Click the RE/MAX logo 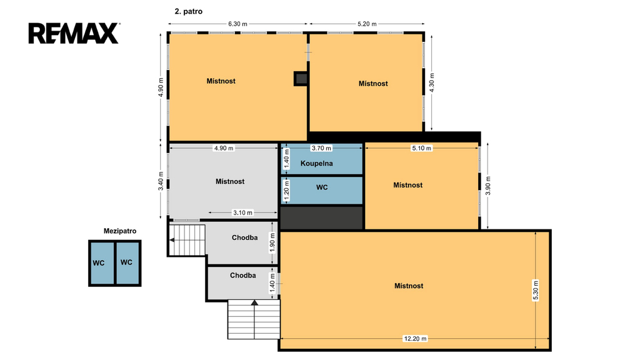[74, 33]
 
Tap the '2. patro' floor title [189, 11]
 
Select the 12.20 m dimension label [415, 338]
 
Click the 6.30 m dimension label [237, 24]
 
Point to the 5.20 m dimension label [367, 24]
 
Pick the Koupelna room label [316, 163]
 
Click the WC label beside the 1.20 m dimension [322, 187]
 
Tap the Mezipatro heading [120, 231]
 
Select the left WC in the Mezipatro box [98, 263]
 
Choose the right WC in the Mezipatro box [126, 262]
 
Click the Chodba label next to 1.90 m [244, 237]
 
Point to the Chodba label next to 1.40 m [243, 276]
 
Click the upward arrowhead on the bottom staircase [254, 302]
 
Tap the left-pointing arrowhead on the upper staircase [172, 240]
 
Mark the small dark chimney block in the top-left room [301, 79]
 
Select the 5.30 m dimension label [536, 290]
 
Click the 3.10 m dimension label [242, 212]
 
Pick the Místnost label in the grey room [230, 181]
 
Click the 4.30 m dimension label [432, 82]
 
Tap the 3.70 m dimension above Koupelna [321, 148]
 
